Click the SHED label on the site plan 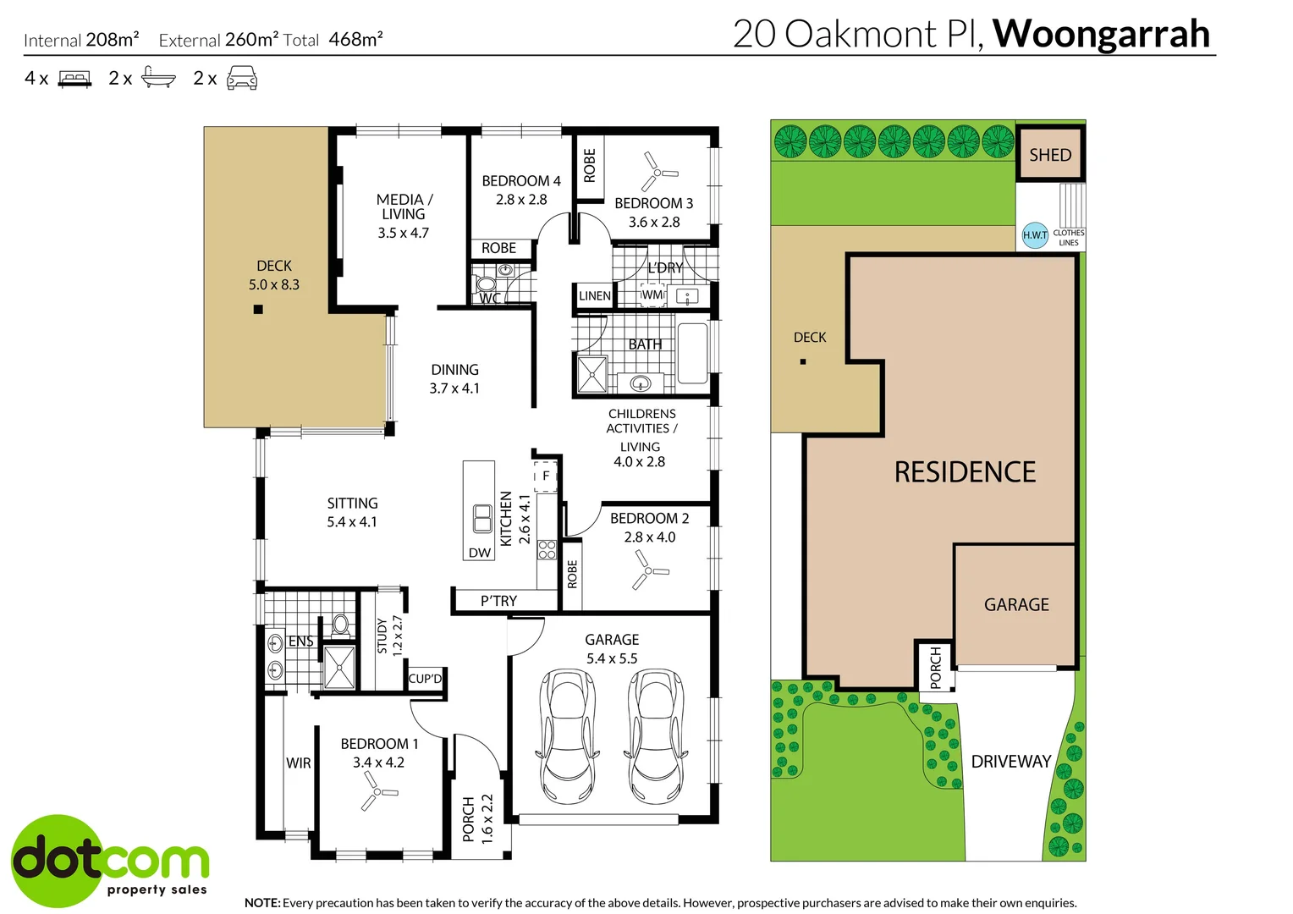(1050, 155)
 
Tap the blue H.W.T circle (1035, 235)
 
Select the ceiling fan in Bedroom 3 (658, 172)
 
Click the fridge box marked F (545, 476)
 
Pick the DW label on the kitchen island (479, 553)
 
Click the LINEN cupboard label (595, 295)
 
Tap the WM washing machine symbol (652, 295)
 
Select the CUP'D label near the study (425, 679)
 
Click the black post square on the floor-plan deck (258, 310)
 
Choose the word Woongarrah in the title (1101, 34)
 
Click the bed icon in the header (74, 79)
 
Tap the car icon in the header (242, 77)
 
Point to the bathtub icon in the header (158, 77)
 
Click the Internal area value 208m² (112, 39)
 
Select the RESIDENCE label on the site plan (965, 471)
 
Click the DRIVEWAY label (1010, 762)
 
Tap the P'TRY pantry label (498, 601)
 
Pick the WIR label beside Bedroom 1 (299, 763)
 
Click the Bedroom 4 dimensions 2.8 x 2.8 (521, 200)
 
